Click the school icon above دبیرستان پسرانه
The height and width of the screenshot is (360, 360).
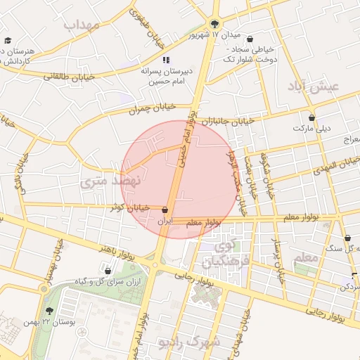click(167, 60)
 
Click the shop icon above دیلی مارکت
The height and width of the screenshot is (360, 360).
click(311, 117)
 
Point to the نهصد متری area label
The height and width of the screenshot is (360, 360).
click(110, 181)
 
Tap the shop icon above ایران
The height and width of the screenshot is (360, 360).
click(165, 210)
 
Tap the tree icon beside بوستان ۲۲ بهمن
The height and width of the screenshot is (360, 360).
click(48, 310)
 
